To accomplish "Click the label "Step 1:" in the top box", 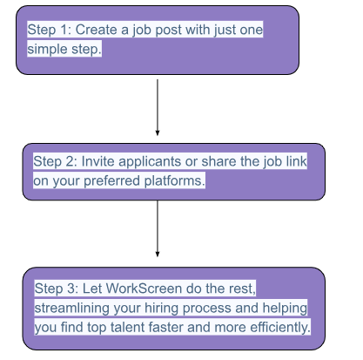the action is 49,30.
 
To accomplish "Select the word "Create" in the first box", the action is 96,30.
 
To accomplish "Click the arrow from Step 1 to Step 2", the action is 158,107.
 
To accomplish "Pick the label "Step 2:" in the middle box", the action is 55,161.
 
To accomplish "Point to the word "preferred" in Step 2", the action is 111,181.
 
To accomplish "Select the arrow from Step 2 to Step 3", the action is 158,228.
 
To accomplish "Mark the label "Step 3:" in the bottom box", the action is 57,289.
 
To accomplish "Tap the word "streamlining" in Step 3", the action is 72,309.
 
